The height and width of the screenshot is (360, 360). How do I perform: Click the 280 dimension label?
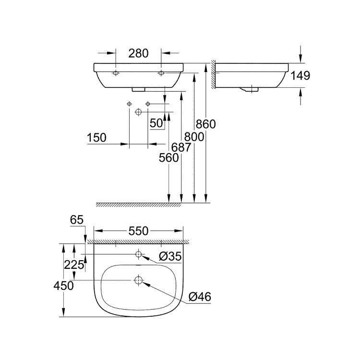[x=138, y=53]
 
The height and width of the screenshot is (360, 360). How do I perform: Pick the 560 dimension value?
[x=169, y=158]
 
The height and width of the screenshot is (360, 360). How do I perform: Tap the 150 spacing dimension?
[x=96, y=138]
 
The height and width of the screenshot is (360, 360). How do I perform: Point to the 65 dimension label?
[x=77, y=220]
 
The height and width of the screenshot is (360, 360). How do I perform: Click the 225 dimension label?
[x=74, y=264]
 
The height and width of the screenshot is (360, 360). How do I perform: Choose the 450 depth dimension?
[x=63, y=286]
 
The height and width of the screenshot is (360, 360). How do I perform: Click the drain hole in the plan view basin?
[x=139, y=280]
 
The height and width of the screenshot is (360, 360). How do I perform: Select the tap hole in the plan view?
[x=139, y=254]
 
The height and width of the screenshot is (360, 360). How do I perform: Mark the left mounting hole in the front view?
[x=116, y=73]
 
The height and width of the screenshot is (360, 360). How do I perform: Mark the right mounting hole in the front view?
[x=161, y=73]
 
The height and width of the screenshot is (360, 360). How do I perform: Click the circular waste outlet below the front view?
[x=138, y=112]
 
